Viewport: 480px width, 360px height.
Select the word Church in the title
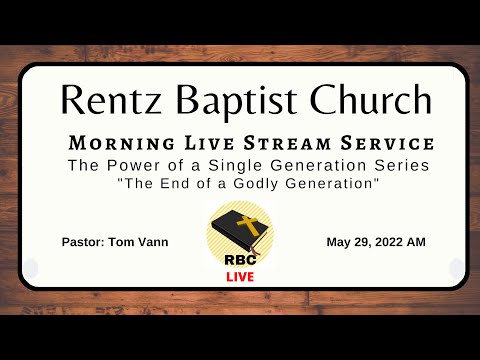point(361,98)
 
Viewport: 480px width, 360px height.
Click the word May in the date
point(339,242)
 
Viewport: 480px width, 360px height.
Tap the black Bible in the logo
point(237,231)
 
